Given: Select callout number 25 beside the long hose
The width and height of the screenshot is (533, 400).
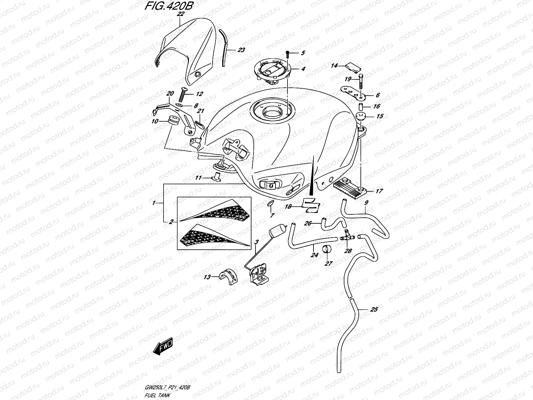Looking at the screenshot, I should pyautogui.click(x=374, y=310).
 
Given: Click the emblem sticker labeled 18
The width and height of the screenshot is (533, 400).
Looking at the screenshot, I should pyautogui.click(x=310, y=205).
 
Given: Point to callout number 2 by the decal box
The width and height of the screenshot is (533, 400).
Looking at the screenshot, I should pyautogui.click(x=171, y=221).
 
